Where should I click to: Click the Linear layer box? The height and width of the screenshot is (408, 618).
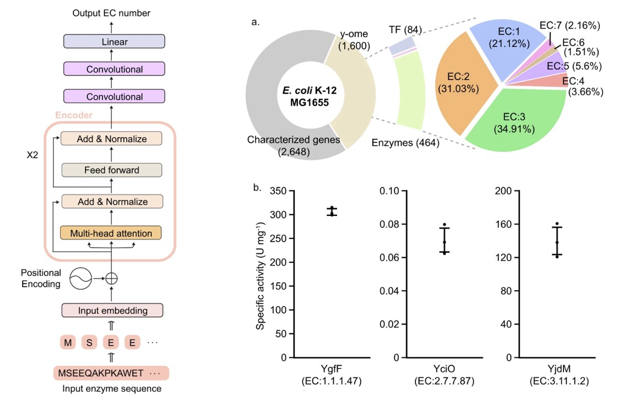click(114, 42)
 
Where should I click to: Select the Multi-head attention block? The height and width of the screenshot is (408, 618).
click(111, 233)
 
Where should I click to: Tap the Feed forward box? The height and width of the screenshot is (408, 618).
click(111, 170)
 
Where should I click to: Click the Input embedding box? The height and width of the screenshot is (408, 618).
click(112, 310)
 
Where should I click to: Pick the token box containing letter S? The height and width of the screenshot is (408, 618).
click(89, 343)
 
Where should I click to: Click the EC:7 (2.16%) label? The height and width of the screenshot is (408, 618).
click(570, 25)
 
